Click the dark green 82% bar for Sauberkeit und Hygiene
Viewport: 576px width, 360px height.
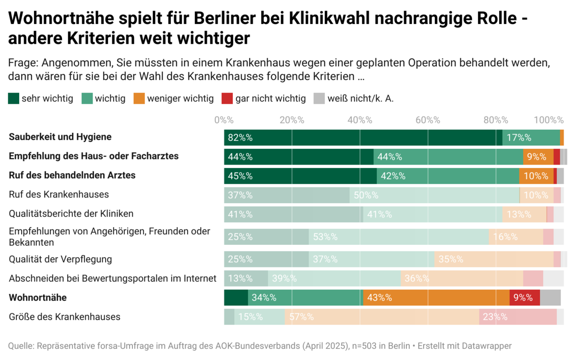(363, 138)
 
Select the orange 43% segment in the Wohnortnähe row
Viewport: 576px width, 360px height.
(436, 298)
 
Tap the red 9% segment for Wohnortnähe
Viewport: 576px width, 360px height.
(525, 298)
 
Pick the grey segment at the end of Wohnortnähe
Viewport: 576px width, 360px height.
(550, 298)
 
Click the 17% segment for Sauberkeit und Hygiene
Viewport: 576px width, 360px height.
(531, 138)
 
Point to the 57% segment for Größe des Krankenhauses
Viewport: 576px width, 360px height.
(382, 317)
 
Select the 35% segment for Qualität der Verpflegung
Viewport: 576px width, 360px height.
(494, 259)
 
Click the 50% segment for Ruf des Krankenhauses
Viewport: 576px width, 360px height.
(434, 195)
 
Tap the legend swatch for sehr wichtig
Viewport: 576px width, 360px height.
(14, 99)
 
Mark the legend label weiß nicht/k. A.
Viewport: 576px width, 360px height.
(360, 99)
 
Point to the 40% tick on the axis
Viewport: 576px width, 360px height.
(360, 120)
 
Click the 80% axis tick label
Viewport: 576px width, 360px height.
(495, 120)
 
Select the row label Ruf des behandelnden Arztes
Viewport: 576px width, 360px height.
(72, 175)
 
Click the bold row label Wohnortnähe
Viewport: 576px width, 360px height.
(38, 298)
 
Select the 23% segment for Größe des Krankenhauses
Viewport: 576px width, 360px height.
(517, 317)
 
